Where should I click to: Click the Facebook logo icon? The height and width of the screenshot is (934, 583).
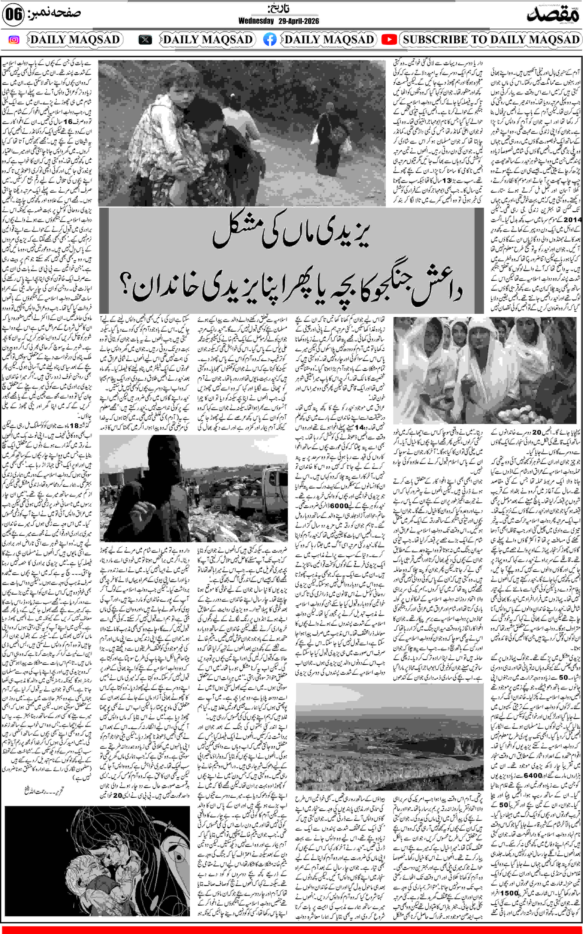click(270, 40)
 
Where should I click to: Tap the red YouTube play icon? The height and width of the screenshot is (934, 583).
click(389, 40)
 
